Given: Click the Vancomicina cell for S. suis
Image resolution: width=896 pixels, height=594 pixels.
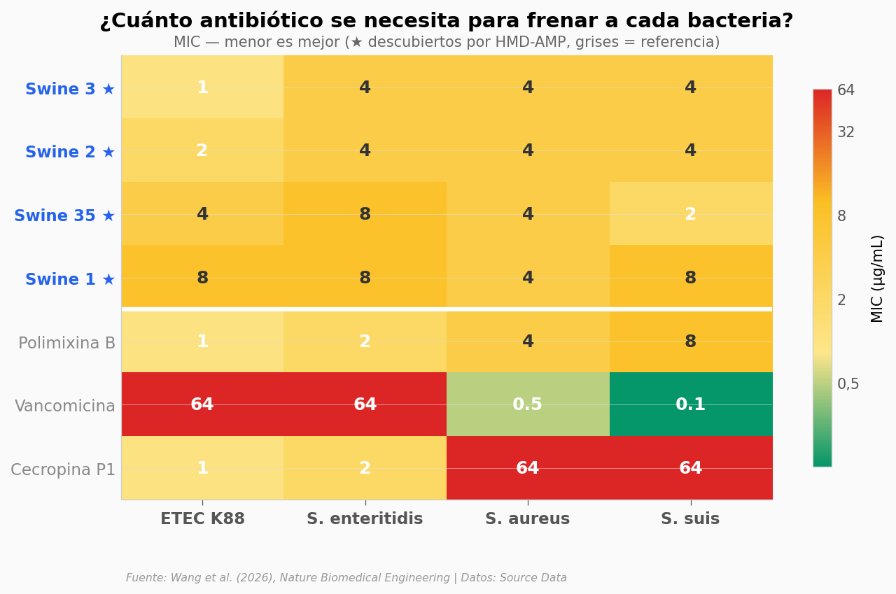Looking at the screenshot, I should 691,404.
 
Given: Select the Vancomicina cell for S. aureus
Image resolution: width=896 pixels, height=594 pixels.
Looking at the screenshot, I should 528,404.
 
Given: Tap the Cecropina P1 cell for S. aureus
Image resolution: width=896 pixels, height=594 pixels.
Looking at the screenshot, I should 528,468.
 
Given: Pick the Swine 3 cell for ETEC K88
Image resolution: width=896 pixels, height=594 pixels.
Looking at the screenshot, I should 202,87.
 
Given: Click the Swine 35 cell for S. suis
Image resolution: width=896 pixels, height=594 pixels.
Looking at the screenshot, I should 691,214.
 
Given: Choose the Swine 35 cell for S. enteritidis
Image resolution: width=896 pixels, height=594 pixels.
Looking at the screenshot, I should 365,214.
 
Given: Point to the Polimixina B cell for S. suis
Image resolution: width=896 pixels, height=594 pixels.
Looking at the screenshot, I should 691,341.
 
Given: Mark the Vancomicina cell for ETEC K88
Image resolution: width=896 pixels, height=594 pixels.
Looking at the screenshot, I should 202,404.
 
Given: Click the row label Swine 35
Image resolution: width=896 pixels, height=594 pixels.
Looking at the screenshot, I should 64,215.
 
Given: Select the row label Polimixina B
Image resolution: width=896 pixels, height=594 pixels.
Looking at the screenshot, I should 66,343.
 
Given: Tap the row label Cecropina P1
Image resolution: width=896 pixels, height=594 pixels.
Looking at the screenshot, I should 63,469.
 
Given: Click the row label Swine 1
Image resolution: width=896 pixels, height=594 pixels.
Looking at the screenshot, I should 70,279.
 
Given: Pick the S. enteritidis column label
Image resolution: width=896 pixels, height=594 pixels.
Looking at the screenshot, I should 365,519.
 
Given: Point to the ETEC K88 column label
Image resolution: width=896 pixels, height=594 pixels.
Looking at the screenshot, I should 202,519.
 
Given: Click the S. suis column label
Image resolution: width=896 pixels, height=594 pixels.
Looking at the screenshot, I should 691,519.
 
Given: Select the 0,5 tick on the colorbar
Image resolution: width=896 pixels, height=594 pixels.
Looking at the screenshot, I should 848,384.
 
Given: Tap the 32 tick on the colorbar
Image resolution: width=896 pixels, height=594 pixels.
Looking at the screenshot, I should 846,132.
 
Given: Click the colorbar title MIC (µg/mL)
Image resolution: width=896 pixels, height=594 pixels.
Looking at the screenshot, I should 877,278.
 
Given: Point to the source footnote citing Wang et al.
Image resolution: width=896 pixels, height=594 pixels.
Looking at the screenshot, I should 346,578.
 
